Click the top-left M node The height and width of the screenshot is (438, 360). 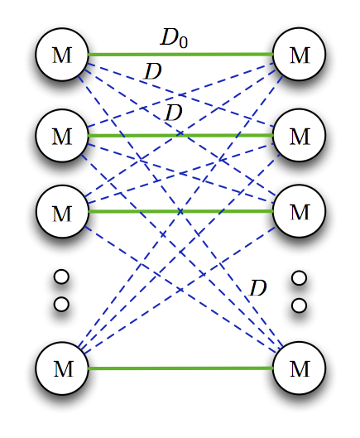click(62, 55)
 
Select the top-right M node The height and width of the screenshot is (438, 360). click(299, 54)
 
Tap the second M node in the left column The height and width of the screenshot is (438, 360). click(62, 136)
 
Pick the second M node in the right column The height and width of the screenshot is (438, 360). click(299, 135)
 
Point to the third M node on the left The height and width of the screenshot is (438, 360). click(62, 211)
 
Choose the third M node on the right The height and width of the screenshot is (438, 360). click(299, 211)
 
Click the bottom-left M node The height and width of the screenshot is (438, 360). click(62, 368)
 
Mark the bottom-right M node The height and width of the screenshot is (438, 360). click(299, 368)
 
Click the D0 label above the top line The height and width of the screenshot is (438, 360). click(174, 38)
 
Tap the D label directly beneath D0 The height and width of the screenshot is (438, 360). click(153, 71)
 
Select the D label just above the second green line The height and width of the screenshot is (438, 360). click(174, 113)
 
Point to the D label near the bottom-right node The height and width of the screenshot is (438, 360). click(257, 288)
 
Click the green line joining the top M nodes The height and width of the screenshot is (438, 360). click(180, 54)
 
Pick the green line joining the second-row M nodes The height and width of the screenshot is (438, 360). click(180, 136)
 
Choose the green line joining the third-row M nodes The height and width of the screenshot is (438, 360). click(180, 211)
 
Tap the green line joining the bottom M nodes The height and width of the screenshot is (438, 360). click(180, 368)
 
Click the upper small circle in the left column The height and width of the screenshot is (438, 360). click(61, 277)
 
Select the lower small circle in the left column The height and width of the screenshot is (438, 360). click(61, 304)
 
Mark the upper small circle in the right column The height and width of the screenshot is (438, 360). click(299, 278)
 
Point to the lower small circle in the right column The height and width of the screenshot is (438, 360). click(299, 306)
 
